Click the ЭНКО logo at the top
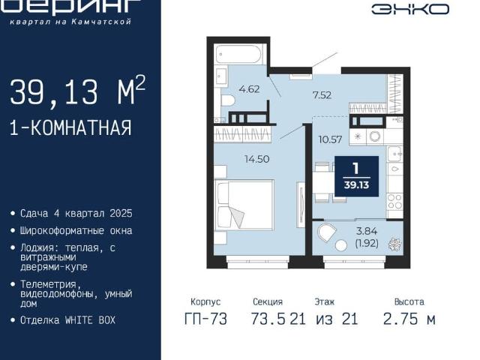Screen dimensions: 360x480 410,9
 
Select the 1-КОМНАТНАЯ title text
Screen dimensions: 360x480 70,127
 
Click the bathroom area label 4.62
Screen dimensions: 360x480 248,88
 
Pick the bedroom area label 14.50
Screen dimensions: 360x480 257,159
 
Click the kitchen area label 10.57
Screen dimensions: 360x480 330,139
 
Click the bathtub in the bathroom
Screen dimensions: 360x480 238,54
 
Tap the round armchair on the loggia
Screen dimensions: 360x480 328,232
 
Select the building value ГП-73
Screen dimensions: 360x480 205,319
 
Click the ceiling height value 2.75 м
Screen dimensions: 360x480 409,319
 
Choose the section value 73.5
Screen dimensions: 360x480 268,319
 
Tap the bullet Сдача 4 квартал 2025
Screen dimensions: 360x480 76,214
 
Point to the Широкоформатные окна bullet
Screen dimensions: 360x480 76,230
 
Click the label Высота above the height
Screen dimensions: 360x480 409,301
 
